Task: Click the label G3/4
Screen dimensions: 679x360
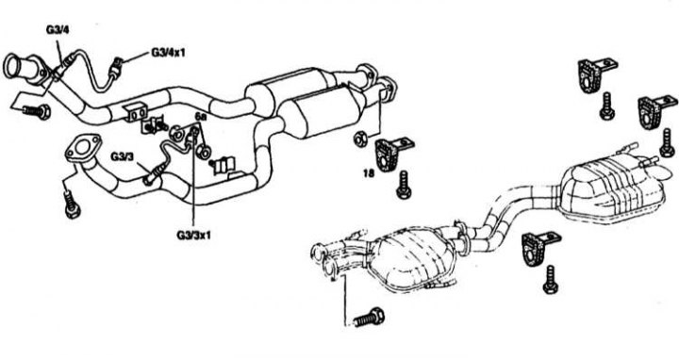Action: pos(58,30)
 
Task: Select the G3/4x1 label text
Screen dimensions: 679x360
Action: pos(168,53)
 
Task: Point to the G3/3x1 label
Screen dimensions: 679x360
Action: pos(193,236)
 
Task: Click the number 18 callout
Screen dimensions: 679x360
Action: pos(369,173)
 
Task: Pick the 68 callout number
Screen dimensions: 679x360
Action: pos(200,117)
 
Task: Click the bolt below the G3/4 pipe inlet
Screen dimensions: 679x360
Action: pos(37,111)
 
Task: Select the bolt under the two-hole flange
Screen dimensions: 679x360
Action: pos(72,205)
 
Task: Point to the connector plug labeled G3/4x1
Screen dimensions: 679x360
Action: pos(117,66)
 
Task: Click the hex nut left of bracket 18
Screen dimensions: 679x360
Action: pos(360,139)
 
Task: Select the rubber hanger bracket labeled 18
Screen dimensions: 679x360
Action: pos(390,154)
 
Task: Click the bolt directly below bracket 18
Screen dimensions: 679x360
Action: pos(404,185)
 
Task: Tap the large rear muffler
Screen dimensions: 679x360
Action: pos(612,189)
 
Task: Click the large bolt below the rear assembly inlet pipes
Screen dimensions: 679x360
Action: pos(369,318)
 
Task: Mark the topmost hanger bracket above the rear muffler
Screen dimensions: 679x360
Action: pos(594,74)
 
